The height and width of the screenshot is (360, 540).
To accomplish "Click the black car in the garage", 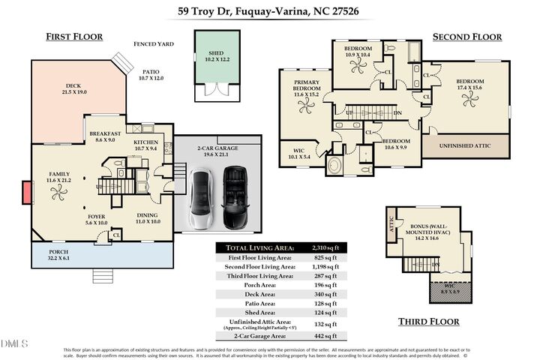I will click(x=234, y=198).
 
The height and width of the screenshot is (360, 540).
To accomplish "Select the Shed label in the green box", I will click(x=215, y=54).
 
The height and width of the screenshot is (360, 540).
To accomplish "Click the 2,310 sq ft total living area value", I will click(x=326, y=247).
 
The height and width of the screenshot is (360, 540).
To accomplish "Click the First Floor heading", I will click(x=74, y=37).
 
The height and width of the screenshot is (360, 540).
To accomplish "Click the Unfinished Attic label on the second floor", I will click(x=465, y=145).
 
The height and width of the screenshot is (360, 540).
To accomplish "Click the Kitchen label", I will click(x=145, y=145).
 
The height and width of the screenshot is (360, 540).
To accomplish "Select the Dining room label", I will click(x=148, y=217).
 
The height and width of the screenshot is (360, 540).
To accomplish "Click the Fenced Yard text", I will click(x=154, y=44).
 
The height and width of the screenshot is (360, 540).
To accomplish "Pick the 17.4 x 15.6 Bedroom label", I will click(x=471, y=84).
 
